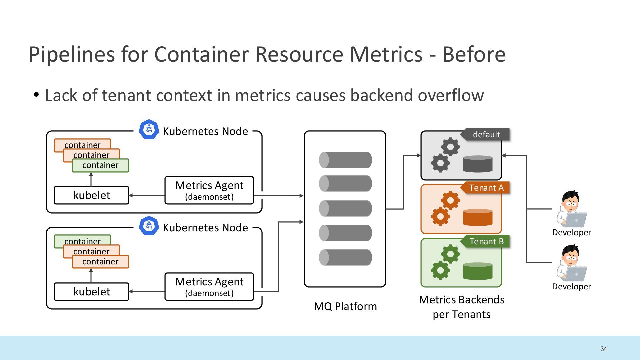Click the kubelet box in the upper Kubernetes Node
(91, 195)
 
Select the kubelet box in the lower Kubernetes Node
(91, 292)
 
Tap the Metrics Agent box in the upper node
(209, 190)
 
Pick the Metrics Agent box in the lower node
(209, 287)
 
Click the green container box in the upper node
(100, 165)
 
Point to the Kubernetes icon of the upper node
(149, 129)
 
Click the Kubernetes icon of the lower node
(149, 226)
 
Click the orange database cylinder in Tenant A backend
(478, 217)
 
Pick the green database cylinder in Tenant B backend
(478, 271)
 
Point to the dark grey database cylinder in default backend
(478, 164)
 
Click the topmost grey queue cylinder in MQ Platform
(345, 160)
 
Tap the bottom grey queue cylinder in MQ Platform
(345, 257)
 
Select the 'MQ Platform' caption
(345, 306)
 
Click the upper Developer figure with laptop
(571, 209)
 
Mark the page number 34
(604, 349)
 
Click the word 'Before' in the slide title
(474, 54)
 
